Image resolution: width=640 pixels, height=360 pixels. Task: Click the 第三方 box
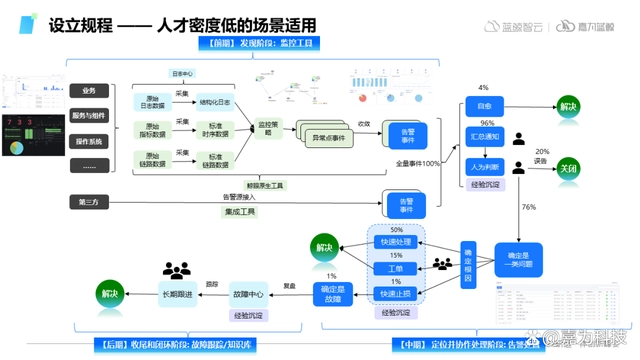[89, 203]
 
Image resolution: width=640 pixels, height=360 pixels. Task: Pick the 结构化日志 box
[214, 101]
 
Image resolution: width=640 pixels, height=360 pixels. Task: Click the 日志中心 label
[184, 74]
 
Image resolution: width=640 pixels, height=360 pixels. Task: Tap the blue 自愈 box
[484, 106]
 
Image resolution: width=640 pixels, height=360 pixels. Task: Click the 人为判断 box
[484, 167]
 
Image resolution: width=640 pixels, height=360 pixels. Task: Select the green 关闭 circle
[568, 168]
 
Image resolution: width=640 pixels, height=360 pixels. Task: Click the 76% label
[528, 207]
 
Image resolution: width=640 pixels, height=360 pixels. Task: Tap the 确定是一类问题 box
[518, 260]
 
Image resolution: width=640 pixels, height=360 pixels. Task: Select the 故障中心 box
[248, 294]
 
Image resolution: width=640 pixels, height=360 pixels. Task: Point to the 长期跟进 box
[176, 294]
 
